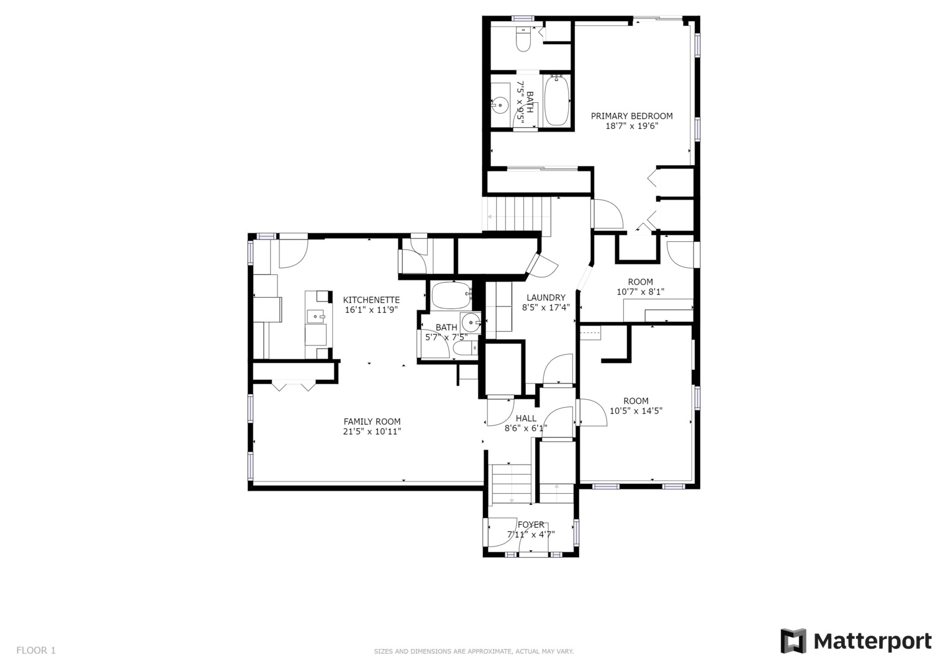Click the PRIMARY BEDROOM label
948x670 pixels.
(x=631, y=116)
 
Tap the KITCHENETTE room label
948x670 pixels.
(x=371, y=300)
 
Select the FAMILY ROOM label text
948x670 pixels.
(x=372, y=422)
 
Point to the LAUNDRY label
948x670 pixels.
(x=546, y=298)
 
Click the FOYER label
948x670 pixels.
(x=531, y=524)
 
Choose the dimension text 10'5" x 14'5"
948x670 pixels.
(x=636, y=411)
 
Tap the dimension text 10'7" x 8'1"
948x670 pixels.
(x=640, y=292)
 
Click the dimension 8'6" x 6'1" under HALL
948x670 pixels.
(x=526, y=428)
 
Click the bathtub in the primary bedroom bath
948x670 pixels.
(x=556, y=100)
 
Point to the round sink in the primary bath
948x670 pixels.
(x=500, y=105)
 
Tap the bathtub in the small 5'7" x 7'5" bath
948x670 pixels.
(x=451, y=295)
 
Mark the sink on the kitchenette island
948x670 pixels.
(x=316, y=316)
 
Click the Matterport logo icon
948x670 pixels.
(x=793, y=641)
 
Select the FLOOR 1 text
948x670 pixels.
(x=36, y=651)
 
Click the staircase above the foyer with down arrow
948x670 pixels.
(x=512, y=484)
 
